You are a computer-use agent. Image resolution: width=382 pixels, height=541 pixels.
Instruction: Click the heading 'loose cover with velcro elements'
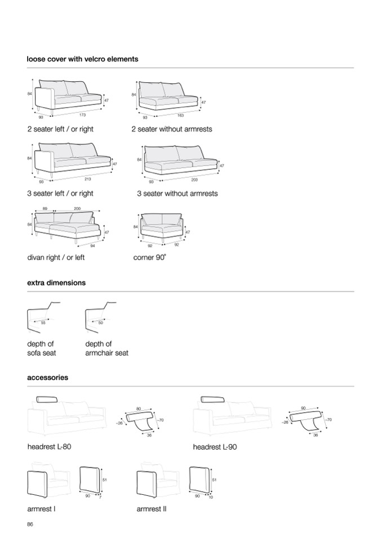82,59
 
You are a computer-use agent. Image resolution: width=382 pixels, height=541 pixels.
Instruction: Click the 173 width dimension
83,115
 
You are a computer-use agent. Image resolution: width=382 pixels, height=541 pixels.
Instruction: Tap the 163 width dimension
180,115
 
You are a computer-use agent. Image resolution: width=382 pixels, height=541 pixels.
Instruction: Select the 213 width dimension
87,179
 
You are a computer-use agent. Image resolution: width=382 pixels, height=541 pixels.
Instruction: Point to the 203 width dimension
194,179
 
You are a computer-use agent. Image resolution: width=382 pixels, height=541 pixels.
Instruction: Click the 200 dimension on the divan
77,209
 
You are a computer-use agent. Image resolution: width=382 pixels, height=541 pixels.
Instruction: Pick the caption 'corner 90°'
150,258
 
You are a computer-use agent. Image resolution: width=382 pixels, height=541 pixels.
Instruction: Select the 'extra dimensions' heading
56,283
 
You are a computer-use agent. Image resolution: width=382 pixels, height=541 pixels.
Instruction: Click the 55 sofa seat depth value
43,323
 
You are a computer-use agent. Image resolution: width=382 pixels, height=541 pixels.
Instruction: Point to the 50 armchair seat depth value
100,323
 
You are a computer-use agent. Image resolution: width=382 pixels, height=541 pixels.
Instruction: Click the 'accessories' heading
47,377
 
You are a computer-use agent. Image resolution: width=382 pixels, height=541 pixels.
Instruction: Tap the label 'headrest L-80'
49,447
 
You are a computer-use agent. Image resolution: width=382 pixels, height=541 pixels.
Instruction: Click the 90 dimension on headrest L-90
303,407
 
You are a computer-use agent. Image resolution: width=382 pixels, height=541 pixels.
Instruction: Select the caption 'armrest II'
152,509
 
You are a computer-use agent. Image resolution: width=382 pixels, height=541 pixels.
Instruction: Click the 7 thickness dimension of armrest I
100,497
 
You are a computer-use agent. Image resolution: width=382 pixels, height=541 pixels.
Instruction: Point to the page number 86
30,524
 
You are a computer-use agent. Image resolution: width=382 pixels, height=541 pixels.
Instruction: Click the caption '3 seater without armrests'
177,193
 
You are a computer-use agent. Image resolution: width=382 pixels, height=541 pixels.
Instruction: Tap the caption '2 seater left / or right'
60,129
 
